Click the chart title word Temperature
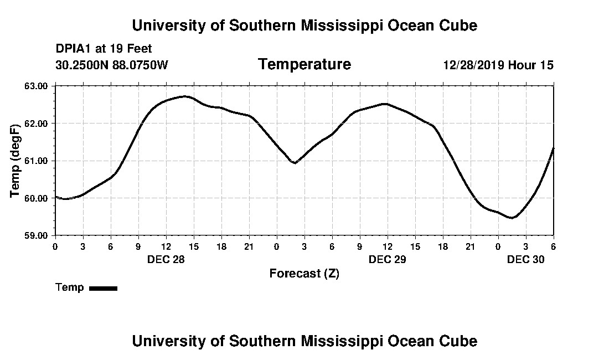point(304,64)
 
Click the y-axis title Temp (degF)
point(16,161)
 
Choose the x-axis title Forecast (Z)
point(304,273)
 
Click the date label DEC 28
point(166,259)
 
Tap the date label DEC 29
point(387,259)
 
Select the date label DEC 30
point(525,259)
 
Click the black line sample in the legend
point(104,288)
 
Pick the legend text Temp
point(70,287)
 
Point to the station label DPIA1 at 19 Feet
point(104,49)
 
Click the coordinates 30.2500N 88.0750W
point(112,65)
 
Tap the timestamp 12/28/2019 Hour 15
point(498,65)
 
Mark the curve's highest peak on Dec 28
point(187,96)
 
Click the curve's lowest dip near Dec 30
point(512,218)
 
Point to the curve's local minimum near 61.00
point(295,163)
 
